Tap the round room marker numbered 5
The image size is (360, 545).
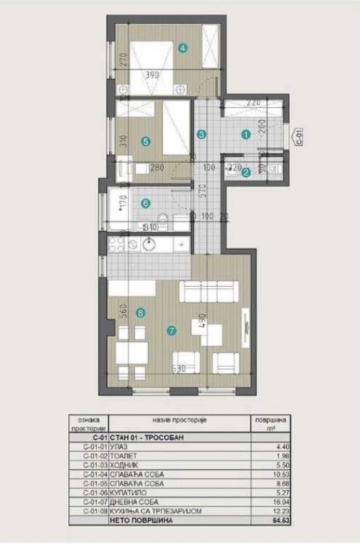tap(144, 141)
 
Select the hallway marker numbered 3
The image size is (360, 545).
tap(201, 135)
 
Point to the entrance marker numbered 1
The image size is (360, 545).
tap(245, 135)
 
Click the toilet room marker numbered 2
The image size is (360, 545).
tap(245, 173)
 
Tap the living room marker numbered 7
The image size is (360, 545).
tap(171, 331)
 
